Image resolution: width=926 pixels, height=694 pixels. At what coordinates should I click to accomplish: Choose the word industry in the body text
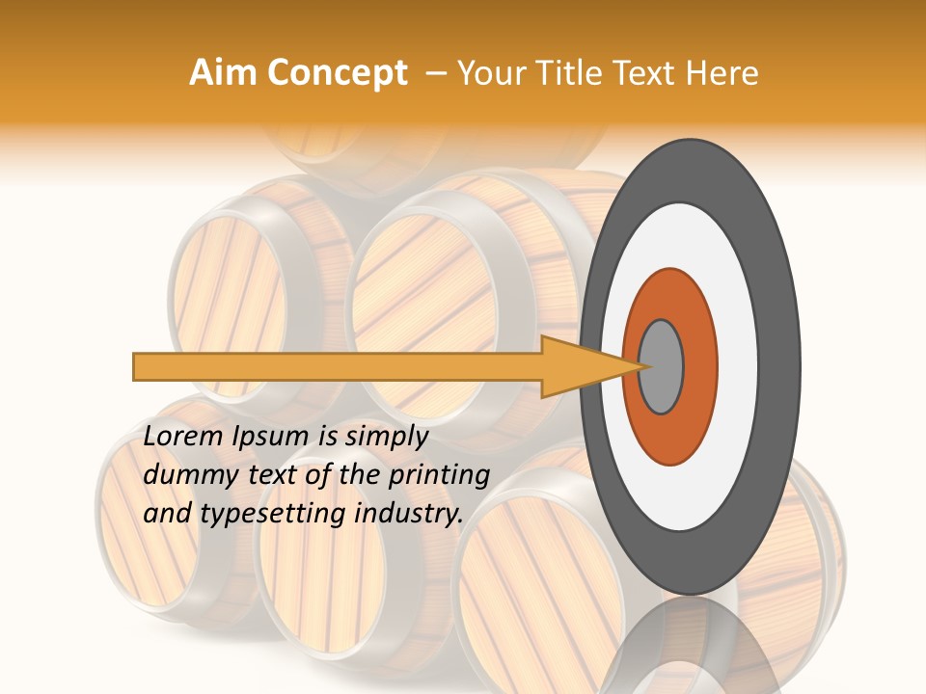409,514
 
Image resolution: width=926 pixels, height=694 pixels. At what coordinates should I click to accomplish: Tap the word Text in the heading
648,73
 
